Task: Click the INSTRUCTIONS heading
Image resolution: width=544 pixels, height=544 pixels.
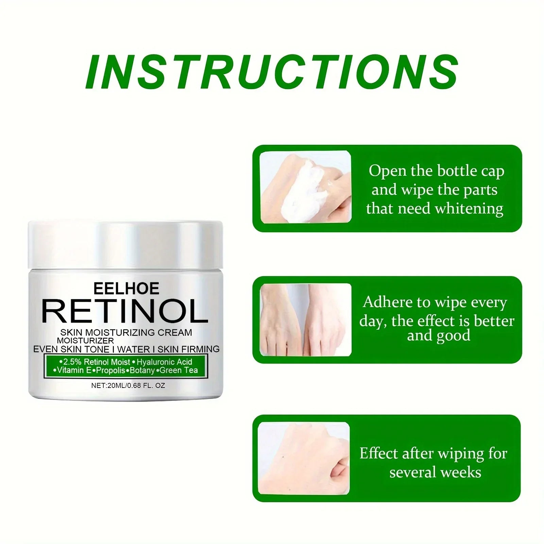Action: click(272, 71)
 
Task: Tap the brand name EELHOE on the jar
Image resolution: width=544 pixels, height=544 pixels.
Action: click(126, 289)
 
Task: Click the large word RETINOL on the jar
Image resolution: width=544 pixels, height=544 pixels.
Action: click(125, 311)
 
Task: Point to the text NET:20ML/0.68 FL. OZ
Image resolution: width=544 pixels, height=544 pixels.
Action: click(128, 386)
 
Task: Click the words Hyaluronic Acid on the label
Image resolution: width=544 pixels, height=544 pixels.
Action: click(165, 362)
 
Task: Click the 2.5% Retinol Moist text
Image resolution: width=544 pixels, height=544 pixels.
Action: click(97, 362)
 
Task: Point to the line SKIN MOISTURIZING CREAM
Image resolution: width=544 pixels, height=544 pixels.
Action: click(126, 333)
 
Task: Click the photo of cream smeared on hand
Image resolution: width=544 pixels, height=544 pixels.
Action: click(305, 187)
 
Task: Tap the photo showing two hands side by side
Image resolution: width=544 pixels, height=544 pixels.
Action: click(305, 320)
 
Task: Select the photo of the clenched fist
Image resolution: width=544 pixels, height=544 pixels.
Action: click(304, 458)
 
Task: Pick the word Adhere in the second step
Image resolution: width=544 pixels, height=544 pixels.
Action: click(388, 302)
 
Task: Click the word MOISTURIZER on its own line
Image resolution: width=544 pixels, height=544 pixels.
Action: click(85, 340)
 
